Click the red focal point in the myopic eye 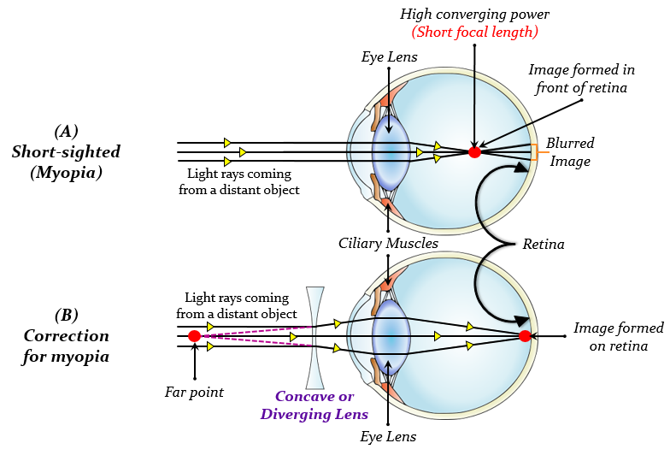(x=474, y=152)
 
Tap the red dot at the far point (x=194, y=336)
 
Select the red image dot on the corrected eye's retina (x=525, y=336)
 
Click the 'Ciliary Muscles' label (x=389, y=244)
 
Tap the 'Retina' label (x=544, y=244)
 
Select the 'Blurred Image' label (x=570, y=151)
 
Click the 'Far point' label (x=194, y=392)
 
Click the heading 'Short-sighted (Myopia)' (x=66, y=151)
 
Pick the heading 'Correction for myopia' (x=66, y=335)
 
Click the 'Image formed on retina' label (x=618, y=336)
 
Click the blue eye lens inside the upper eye (x=390, y=153)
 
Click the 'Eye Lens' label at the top (x=389, y=56)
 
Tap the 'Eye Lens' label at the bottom (x=389, y=436)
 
